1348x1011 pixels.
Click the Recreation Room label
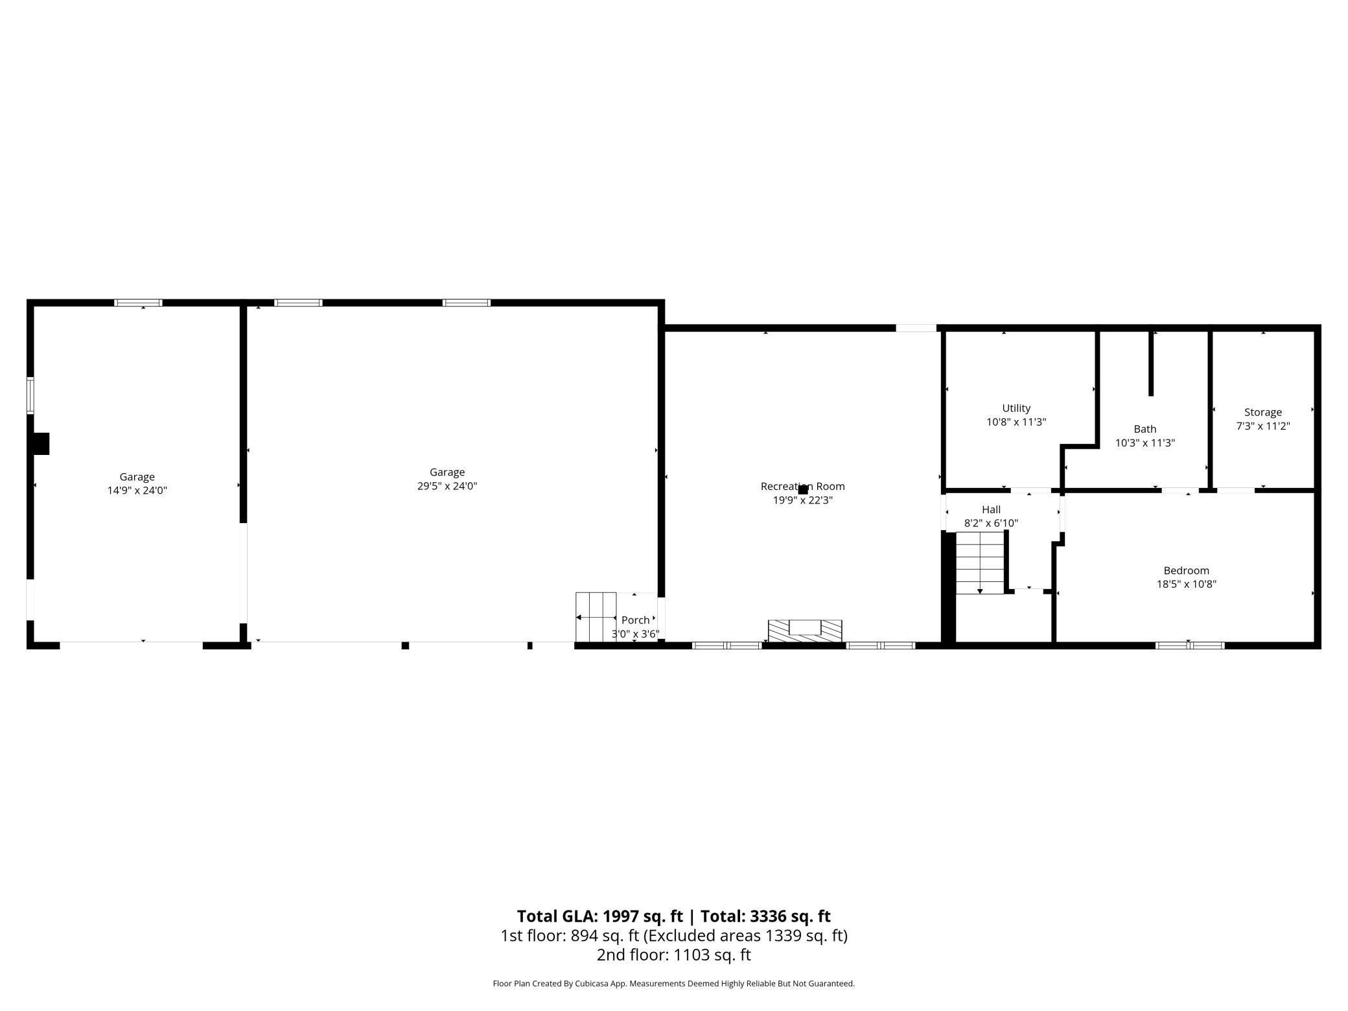coord(802,486)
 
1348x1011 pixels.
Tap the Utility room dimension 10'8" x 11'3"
coord(1016,422)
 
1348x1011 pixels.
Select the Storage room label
coord(1262,412)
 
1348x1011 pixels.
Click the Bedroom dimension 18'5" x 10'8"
coord(1186,584)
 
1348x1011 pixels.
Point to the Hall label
coord(991,509)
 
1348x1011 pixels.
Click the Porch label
coord(635,620)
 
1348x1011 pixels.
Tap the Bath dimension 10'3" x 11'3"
coord(1145,443)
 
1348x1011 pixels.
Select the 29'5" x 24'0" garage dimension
coord(447,486)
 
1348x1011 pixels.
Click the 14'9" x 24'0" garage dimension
coord(137,491)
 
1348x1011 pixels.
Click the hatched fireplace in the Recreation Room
coord(804,631)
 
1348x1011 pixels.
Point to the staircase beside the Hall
coord(980,563)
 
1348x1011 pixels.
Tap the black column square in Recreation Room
coord(803,490)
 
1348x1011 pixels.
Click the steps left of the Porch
coord(596,616)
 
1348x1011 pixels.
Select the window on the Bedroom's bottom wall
coord(1189,645)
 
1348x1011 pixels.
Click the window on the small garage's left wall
coord(30,395)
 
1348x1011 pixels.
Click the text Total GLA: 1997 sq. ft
coord(599,916)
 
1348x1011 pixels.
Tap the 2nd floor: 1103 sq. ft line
coord(673,955)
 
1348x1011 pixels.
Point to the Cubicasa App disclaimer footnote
coord(673,983)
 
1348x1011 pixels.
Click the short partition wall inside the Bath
coord(1151,363)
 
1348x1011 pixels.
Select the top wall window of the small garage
coord(138,303)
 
